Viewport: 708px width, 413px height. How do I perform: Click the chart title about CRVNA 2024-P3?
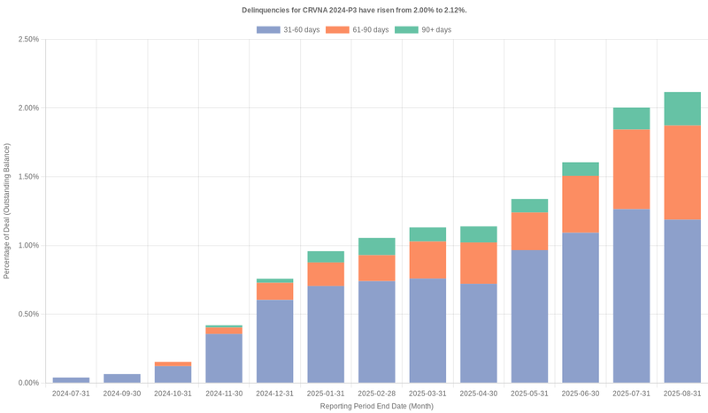coord(354,10)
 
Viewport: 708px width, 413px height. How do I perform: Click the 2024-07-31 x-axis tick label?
coord(71,393)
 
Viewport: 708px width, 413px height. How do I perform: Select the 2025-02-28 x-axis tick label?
coord(376,393)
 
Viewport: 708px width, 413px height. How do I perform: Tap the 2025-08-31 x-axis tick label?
coord(682,393)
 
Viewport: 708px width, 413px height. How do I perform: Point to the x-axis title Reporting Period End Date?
coord(376,406)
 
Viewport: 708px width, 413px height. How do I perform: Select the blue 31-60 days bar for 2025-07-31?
coord(631,296)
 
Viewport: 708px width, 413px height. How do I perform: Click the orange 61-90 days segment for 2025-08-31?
coord(682,172)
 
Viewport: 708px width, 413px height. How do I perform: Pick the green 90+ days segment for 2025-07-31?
coord(631,119)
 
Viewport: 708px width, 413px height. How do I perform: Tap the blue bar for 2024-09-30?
coord(122,379)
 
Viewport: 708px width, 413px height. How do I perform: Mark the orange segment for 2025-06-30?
coord(581,204)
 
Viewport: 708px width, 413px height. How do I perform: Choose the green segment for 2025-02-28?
coord(376,247)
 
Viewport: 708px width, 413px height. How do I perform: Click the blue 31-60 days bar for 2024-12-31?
coord(274,341)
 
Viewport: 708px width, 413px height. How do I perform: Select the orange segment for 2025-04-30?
coord(479,264)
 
